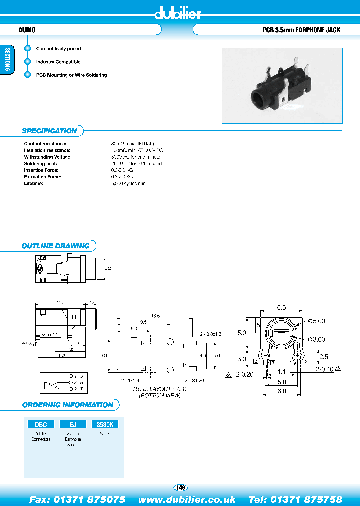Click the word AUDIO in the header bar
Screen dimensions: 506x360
click(x=27, y=30)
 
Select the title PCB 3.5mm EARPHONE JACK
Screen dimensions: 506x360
click(x=301, y=30)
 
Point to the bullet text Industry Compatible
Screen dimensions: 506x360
click(x=58, y=62)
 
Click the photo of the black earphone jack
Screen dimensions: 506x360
click(x=282, y=85)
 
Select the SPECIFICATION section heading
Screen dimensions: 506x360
click(x=49, y=131)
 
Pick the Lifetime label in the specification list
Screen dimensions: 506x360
click(x=34, y=183)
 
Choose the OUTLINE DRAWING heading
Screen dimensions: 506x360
click(x=55, y=246)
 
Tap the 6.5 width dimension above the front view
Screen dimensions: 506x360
click(x=281, y=308)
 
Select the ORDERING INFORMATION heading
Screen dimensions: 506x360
click(x=67, y=405)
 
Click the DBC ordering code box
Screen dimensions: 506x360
click(x=40, y=424)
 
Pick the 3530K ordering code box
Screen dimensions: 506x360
click(x=104, y=424)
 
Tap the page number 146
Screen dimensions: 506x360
click(x=180, y=487)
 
